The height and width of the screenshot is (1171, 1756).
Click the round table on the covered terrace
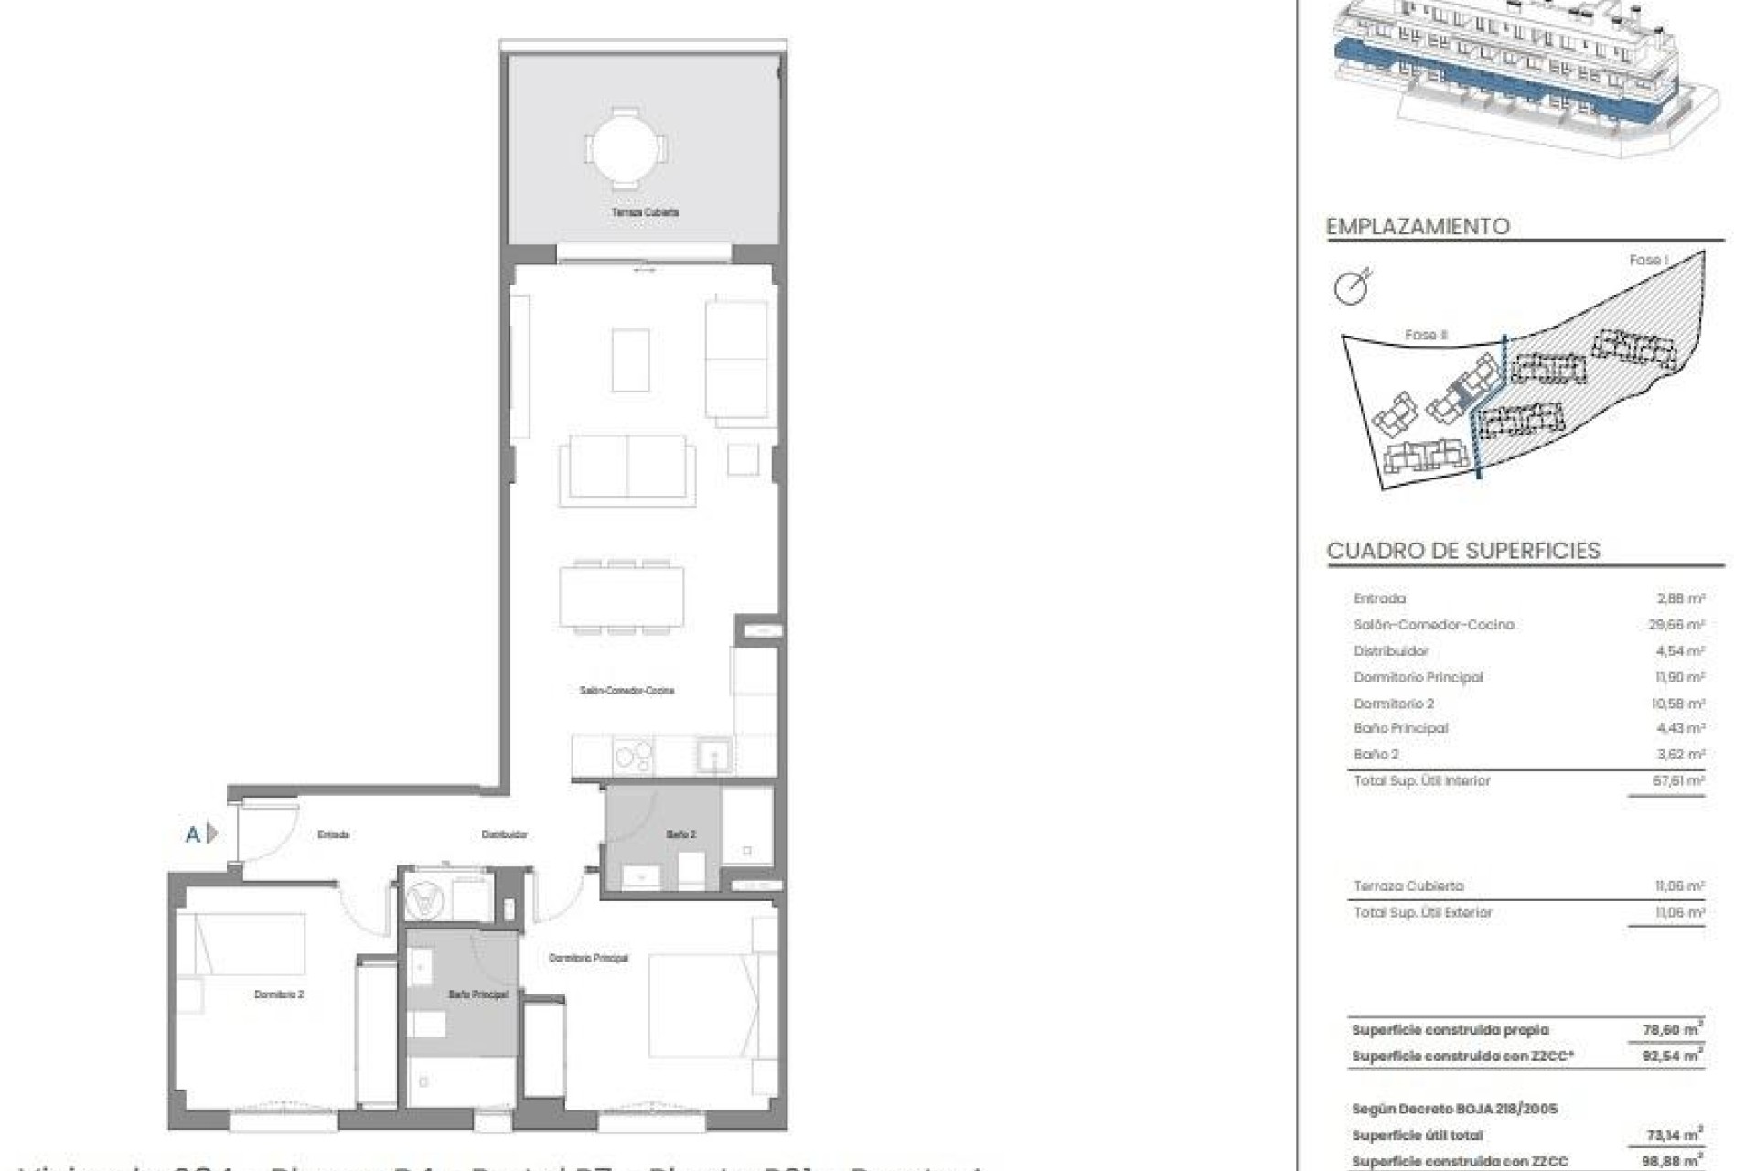tap(626, 147)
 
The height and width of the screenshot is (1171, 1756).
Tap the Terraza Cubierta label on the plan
tap(645, 212)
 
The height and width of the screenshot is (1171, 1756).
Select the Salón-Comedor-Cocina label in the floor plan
tap(626, 691)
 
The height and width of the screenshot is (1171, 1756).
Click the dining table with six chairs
tap(622, 597)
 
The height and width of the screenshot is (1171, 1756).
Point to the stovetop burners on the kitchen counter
tap(633, 756)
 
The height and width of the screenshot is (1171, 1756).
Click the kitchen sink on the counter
tap(712, 756)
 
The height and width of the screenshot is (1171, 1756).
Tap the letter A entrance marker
tap(193, 834)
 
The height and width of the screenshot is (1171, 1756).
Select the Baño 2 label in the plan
tap(680, 834)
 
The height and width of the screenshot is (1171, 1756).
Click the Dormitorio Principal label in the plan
tap(588, 958)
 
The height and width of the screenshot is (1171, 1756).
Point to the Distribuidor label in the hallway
tap(504, 834)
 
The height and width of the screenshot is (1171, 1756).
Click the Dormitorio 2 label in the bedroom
tap(279, 994)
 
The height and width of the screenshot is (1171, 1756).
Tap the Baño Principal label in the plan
tap(477, 994)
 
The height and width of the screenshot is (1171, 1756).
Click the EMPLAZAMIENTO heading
tap(1418, 227)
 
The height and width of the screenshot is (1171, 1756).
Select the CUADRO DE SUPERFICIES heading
tap(1463, 551)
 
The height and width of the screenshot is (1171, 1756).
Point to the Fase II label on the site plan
tap(1426, 335)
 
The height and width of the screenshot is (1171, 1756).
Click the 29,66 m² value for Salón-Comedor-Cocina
tap(1679, 625)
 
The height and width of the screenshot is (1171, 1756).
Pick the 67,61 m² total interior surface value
tap(1679, 781)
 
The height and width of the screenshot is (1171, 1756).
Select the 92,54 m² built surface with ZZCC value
tap(1673, 1056)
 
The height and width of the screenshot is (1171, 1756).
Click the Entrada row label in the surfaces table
tap(1379, 598)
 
